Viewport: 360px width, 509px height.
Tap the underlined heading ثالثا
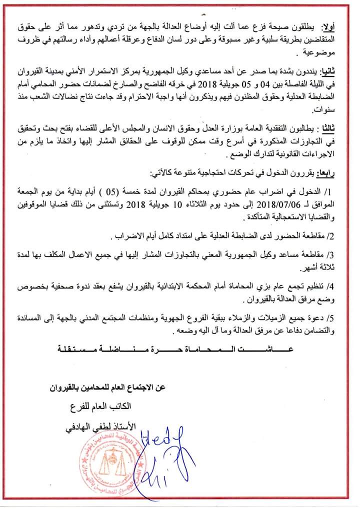pos(338,128)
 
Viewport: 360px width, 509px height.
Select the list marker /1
pos(344,192)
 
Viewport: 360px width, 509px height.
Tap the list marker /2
pos(344,235)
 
